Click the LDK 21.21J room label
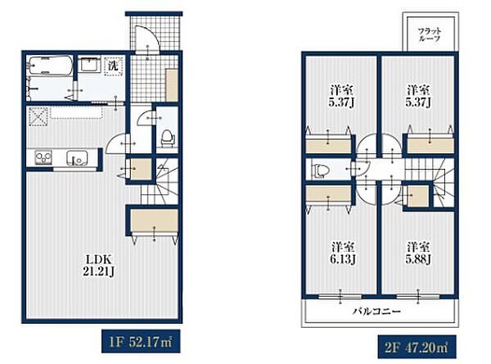pyautogui.click(x=98, y=265)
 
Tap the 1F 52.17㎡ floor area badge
pyautogui.click(x=141, y=341)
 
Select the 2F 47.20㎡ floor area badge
pyautogui.click(x=417, y=347)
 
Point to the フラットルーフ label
pyautogui.click(x=430, y=34)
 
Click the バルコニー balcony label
pyautogui.click(x=377, y=312)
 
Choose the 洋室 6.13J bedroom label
pyautogui.click(x=343, y=253)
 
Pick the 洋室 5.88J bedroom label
pyautogui.click(x=418, y=253)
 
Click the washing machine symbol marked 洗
pyautogui.click(x=114, y=66)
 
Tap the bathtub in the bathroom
pyautogui.click(x=50, y=66)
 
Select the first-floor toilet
pyautogui.click(x=167, y=138)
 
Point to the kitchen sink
pyautogui.click(x=77, y=158)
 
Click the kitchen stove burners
pyautogui.click(x=43, y=157)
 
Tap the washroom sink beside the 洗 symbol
pyautogui.click(x=89, y=65)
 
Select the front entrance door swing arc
pyautogui.click(x=148, y=39)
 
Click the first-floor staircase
pyautogui.click(x=160, y=181)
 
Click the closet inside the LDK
pyautogui.click(x=154, y=221)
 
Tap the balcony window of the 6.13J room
pyautogui.click(x=340, y=296)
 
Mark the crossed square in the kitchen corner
pyautogui.click(x=38, y=116)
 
